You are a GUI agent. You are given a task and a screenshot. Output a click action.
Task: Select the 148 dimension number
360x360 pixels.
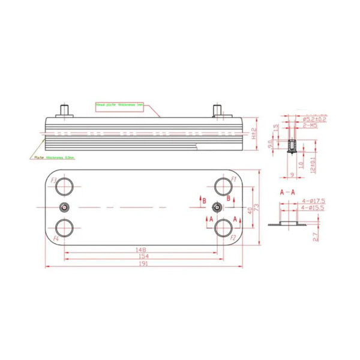[142, 248]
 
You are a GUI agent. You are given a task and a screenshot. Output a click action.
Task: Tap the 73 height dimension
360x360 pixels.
[257, 208]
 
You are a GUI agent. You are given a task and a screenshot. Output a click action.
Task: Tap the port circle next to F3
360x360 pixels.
[64, 187]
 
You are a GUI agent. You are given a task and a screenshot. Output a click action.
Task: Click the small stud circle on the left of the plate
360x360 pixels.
[65, 207]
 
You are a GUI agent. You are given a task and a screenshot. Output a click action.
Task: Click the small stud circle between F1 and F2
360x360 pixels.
[217, 207]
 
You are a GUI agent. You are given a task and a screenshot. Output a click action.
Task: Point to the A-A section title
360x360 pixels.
[288, 192]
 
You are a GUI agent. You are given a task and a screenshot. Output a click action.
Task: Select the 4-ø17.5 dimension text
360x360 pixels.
[313, 200]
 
